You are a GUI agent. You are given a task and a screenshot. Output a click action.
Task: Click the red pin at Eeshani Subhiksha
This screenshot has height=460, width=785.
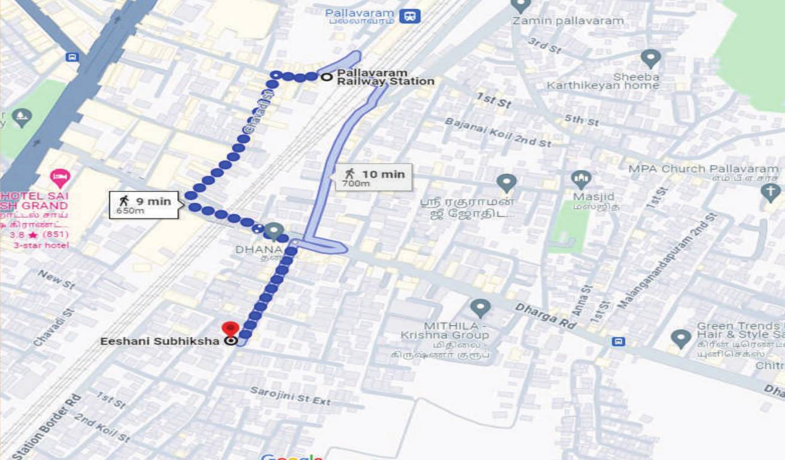point(230,329)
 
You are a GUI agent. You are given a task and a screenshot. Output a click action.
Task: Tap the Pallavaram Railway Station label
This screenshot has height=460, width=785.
point(385,77)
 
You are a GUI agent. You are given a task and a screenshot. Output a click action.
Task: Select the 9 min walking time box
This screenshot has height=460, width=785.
point(144,204)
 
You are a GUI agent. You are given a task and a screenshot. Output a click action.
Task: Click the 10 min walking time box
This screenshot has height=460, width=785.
point(374,177)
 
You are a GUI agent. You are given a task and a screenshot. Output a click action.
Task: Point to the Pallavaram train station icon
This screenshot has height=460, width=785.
point(410,15)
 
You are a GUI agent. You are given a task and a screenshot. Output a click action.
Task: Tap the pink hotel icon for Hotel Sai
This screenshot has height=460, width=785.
point(60,178)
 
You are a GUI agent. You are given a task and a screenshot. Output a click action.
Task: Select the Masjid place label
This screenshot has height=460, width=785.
point(594,196)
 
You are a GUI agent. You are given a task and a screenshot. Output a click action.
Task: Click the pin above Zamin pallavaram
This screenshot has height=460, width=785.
point(521,5)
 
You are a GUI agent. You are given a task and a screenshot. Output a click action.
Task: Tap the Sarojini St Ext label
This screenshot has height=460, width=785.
point(290,396)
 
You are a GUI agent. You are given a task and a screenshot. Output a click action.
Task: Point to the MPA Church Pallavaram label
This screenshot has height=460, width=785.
point(703,169)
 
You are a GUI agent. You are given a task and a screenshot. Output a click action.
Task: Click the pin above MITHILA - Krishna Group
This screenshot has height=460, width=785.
point(480,308)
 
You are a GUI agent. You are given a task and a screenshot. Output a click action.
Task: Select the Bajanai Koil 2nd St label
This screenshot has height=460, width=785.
point(498,132)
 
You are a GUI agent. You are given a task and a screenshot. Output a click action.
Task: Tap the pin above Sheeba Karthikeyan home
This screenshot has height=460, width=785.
point(650,59)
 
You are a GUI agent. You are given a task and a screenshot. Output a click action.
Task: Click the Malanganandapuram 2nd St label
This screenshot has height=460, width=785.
point(667,261)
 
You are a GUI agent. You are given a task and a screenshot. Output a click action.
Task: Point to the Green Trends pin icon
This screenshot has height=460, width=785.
point(681,338)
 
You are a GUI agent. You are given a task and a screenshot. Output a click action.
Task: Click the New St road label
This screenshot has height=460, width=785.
point(56,279)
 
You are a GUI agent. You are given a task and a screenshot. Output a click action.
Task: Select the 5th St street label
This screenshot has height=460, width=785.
point(582,120)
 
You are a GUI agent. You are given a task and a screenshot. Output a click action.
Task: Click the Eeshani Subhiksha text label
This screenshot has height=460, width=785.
point(160,341)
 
